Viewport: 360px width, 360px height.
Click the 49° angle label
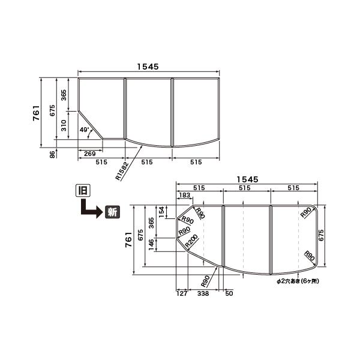tap(84, 130)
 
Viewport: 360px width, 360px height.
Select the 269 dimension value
tap(90, 154)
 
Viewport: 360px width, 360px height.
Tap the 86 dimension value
tap(53, 154)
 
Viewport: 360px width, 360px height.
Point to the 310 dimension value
tap(64, 125)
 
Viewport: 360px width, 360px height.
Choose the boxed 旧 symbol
tap(83, 190)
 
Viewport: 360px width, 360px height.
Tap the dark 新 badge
tap(113, 212)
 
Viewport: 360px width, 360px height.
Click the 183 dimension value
tap(184, 195)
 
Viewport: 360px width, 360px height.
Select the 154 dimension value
tap(161, 212)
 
